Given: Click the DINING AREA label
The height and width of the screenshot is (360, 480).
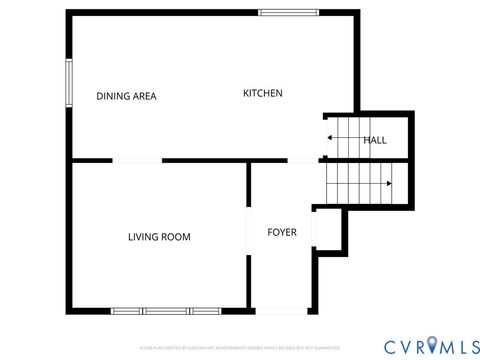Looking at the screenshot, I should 126,97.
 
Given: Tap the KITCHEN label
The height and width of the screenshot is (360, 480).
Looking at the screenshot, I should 263,93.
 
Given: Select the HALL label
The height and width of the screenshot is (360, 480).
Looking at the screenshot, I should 375,140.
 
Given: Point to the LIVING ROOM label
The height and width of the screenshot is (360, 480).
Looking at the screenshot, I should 159,237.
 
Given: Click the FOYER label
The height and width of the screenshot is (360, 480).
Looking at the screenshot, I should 282,232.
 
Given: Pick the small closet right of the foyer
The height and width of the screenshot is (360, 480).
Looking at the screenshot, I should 329,231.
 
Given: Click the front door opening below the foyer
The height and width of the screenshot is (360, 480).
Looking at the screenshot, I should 282,310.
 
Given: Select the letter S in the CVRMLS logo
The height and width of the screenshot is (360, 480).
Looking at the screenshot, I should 471,345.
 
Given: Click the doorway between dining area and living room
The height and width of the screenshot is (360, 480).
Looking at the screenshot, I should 137,161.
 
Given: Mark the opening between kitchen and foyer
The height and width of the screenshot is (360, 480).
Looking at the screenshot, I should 302,161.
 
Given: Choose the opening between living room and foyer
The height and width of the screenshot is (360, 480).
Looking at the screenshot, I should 249,232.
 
